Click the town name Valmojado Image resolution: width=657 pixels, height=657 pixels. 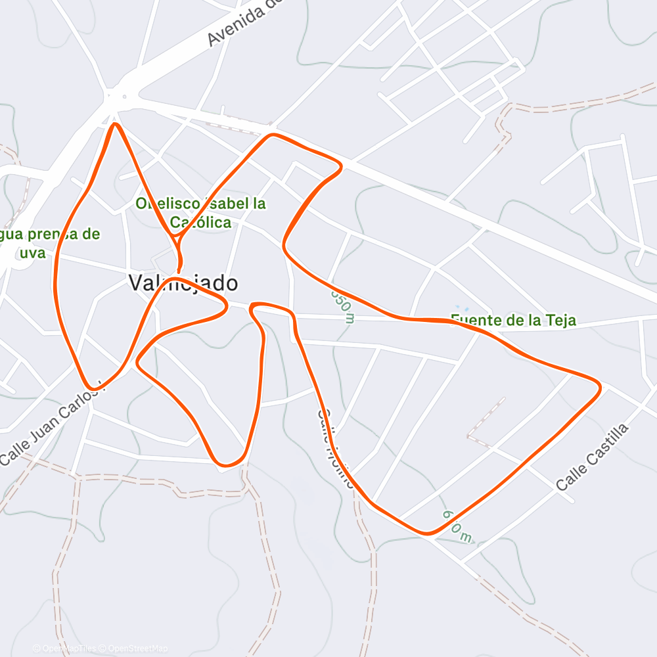tap(183, 283)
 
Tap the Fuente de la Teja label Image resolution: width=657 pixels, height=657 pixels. tap(513, 321)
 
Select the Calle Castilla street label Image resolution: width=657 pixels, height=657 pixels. tap(592, 457)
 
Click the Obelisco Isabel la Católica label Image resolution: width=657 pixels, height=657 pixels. tap(200, 212)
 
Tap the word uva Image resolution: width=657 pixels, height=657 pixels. tap(32, 252)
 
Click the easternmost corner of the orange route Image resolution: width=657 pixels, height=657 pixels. tap(599, 387)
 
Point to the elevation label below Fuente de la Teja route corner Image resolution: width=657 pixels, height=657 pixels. tap(457, 526)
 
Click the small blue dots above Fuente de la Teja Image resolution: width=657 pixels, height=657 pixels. tap(463, 309)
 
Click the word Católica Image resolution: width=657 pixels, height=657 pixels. tap(200, 222)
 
